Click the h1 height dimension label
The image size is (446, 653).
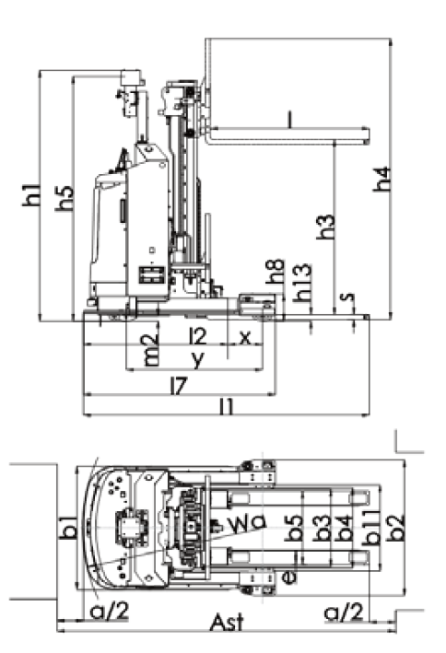point(31,195)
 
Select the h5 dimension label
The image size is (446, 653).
point(65,198)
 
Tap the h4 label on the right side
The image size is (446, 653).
point(381,179)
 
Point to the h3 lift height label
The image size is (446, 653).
point(325,227)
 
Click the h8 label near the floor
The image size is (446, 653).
point(276,272)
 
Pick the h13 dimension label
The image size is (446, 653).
point(302,283)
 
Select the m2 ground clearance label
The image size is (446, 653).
point(150,350)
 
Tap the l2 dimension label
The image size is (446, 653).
point(198,336)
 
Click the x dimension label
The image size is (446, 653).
point(245,338)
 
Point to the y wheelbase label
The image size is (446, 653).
point(197,359)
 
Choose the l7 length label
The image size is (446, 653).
point(180,386)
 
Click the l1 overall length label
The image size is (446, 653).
point(227,407)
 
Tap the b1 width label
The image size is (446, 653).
point(68,527)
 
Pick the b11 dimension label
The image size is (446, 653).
point(371,527)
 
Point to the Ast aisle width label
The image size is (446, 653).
point(227,624)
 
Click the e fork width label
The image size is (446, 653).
point(288,577)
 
